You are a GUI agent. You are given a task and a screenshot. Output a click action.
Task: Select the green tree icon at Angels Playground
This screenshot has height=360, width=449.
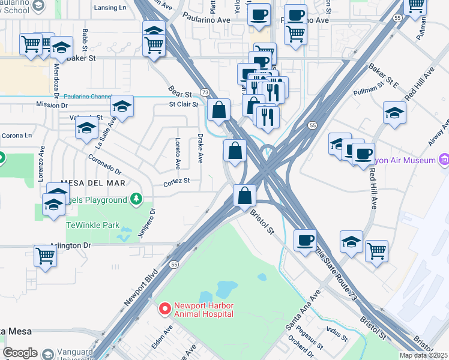coord(136,199)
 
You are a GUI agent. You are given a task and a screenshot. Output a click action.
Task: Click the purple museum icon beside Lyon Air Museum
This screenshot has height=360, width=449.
coord(444,160)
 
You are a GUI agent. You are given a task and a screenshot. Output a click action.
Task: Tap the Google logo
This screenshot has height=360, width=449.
coord(20,353)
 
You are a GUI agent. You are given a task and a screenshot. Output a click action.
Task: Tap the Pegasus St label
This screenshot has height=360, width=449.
coord(313,340)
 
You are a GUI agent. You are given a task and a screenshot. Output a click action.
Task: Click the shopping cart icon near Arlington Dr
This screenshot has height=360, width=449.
coord(45,256)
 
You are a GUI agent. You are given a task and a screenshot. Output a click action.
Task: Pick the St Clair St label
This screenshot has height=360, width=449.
coord(184,104)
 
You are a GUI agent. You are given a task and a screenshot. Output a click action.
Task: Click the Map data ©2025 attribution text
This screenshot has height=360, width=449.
coord(423,355)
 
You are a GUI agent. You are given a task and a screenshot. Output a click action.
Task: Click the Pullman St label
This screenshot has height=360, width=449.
coord(368,88)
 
